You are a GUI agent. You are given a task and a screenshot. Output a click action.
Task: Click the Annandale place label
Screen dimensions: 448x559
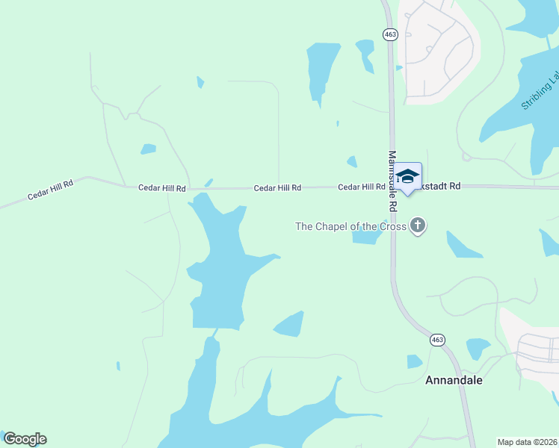point(454,380)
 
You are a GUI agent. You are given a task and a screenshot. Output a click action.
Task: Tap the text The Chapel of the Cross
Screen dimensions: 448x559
point(350,226)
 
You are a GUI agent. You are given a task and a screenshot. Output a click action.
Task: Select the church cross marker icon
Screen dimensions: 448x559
point(418,225)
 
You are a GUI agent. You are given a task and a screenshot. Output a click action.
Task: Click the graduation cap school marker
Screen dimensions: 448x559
point(407,177)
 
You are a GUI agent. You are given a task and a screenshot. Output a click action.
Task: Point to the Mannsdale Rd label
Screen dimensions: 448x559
point(392,181)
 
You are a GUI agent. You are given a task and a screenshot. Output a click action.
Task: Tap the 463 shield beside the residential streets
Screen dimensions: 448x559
point(389,34)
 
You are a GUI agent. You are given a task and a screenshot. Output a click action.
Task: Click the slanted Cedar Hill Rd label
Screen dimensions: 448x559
point(50,190)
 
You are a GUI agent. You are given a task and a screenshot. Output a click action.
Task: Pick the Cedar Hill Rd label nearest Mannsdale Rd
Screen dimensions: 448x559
point(361,187)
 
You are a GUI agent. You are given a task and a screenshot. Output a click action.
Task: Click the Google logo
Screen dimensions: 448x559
point(25,439)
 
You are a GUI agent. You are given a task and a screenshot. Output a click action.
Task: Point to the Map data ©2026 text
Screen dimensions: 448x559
point(527,442)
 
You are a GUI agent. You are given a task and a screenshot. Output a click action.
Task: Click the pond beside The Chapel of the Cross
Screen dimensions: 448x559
point(367,237)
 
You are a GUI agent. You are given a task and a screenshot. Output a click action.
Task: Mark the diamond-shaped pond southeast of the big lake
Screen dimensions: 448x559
point(290,324)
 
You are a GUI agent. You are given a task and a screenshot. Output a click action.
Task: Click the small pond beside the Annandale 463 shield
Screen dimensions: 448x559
point(414,361)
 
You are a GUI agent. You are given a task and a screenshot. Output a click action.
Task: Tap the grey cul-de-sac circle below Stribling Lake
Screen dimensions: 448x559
point(466,157)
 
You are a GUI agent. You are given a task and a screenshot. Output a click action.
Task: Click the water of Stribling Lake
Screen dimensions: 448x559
point(516,112)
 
